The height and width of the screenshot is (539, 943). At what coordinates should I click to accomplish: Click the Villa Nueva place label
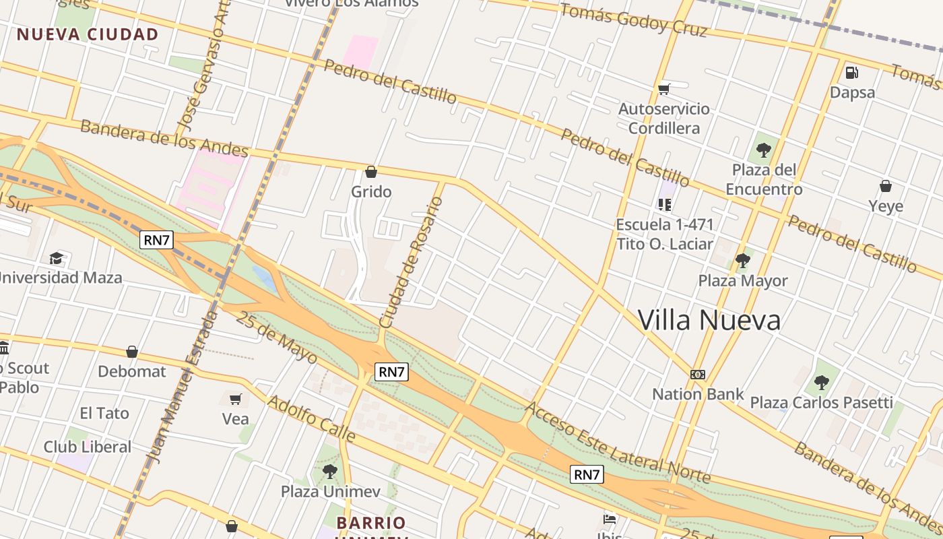tap(709, 320)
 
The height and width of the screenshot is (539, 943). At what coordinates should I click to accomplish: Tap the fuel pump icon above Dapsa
tap(852, 72)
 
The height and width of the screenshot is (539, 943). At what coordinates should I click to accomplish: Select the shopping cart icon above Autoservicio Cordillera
tap(664, 89)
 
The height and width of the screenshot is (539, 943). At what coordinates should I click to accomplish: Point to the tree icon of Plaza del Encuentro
tap(763, 150)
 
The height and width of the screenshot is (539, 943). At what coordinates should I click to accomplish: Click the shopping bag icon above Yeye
tap(886, 186)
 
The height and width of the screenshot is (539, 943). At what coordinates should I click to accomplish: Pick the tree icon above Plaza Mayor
tap(743, 260)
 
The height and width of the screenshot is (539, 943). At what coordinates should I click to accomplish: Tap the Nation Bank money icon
tap(698, 374)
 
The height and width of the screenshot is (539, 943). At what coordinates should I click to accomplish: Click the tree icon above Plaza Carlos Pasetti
tap(821, 383)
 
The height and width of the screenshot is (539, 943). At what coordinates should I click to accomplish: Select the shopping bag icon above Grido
tap(371, 172)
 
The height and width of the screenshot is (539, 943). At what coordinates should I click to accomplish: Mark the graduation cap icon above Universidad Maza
tap(56, 258)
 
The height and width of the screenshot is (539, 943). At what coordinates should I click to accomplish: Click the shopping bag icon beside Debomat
tap(132, 352)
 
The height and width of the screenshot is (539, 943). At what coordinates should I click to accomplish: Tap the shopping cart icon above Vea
tap(236, 399)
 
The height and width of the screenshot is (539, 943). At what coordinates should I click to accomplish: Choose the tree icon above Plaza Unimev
tap(329, 471)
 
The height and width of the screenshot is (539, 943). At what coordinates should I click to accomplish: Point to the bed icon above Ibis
tap(610, 519)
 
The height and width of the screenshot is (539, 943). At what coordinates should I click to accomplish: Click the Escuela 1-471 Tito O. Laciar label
tap(664, 234)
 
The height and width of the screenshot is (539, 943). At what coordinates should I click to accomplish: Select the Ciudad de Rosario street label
tap(411, 263)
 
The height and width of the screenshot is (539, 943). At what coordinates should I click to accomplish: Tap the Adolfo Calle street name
tap(311, 419)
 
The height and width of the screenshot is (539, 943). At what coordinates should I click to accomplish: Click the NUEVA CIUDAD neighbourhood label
tap(88, 34)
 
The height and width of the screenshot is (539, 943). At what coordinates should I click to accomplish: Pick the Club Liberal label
tap(88, 447)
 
